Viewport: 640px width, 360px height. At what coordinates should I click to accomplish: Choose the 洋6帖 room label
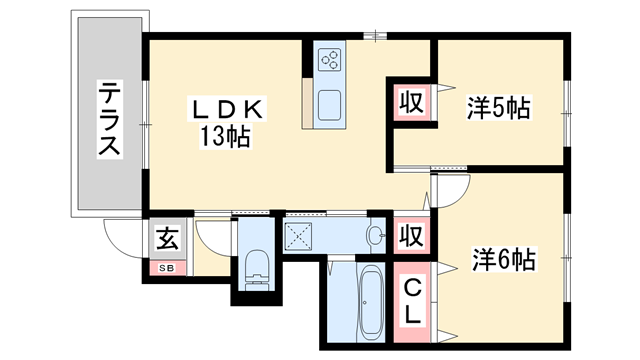pos(504,261)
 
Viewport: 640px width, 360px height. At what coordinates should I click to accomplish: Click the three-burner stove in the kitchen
pos(330,60)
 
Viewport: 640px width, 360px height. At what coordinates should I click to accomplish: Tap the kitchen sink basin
pos(330,102)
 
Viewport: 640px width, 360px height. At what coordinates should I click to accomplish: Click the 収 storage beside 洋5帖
pos(410,102)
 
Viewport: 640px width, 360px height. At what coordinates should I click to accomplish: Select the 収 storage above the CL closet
pos(409,237)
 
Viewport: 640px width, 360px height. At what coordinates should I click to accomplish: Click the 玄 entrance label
pos(166,241)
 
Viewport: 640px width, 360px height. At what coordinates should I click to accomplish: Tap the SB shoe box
pos(165,268)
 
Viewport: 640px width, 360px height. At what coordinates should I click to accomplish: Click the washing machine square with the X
pos(300,237)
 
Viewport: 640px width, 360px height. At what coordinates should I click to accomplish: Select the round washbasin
pos(375,237)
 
